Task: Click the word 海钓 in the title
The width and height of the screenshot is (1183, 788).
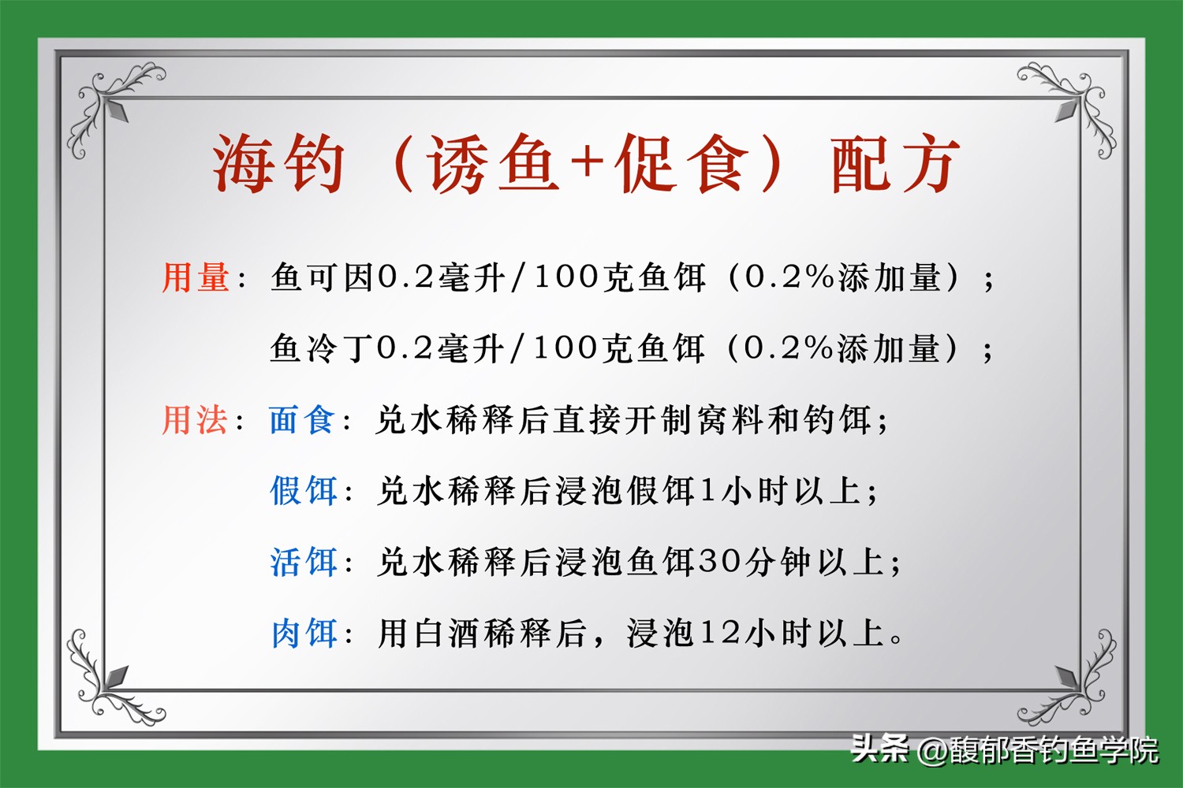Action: (278, 164)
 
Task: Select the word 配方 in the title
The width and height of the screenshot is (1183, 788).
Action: (895, 164)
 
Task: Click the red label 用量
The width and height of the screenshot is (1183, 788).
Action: (196, 278)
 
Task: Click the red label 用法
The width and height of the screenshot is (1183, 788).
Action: (195, 420)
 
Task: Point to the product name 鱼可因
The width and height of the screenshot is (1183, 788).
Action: (323, 278)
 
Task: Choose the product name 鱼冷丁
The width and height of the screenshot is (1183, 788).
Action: (322, 348)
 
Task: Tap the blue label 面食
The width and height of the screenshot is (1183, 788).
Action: (302, 420)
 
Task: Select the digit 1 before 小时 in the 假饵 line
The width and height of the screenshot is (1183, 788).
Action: (707, 491)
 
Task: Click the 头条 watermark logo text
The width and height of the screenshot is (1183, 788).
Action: (879, 748)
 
